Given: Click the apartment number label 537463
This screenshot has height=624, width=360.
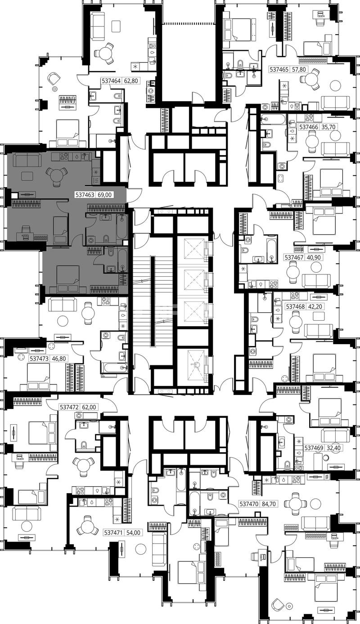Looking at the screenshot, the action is coord(85,195).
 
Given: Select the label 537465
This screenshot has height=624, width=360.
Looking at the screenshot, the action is coord(279,69).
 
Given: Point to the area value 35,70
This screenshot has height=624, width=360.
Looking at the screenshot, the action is coord(329,127).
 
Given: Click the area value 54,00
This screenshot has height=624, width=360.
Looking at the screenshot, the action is coord(133,533).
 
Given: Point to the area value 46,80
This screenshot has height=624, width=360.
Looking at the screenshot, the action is coord(59,359).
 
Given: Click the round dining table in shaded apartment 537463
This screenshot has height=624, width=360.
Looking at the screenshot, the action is coord(57,176).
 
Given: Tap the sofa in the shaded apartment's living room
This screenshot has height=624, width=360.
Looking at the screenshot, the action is coord(27,161).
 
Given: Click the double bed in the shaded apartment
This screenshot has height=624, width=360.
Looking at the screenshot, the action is coord(68,279).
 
